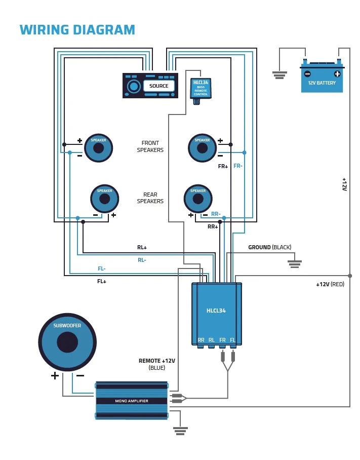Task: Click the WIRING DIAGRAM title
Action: pos(77,30)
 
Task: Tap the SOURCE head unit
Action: pos(150,86)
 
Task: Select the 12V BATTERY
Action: pos(322,79)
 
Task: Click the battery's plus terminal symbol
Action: pos(337,74)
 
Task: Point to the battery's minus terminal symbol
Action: pos(307,74)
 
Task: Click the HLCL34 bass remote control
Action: pos(201,89)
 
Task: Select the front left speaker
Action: pos(98,148)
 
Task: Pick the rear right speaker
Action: pos(198,199)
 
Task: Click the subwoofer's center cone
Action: pos(67,342)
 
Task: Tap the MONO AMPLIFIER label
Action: pos(132,401)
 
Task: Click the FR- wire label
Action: pos(238,166)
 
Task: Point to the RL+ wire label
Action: pos(142,248)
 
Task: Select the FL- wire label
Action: pos(102,269)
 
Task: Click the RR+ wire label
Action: pos(213,226)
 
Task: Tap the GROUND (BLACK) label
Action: pos(269,247)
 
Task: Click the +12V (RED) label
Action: pos(330,284)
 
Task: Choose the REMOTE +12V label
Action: pos(157,361)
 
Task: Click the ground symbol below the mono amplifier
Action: pos(180,431)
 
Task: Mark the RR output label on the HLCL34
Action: pos(201,340)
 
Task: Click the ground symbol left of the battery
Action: pos(279,75)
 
